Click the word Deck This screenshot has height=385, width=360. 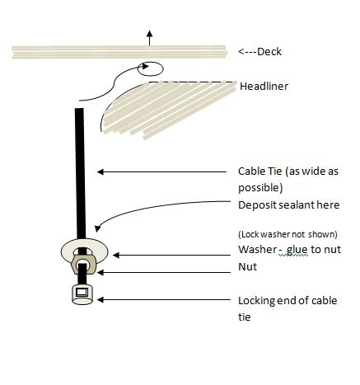pos(269,52)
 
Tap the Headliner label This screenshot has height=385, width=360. pos(264,87)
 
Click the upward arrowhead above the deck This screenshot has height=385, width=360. pos(149,34)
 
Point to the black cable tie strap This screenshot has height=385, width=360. pos(80,173)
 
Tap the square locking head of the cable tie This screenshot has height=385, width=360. pos(82,294)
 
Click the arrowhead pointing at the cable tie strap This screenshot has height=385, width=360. pos(101,172)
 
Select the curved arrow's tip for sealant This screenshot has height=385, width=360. pos(97,228)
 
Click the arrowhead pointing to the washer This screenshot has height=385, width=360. pos(116,256)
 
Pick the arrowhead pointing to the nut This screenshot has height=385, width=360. pos(101,273)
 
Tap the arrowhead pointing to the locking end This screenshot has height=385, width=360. pos(101,300)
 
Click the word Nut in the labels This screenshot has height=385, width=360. pos(247,267)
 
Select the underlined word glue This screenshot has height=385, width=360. pos(297,250)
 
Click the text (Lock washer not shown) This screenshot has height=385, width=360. pos(288,234)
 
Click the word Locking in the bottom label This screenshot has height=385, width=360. pos(256,301)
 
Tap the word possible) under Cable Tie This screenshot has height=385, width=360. pos(260,188)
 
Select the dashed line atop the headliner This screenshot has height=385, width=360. pos(192,82)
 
